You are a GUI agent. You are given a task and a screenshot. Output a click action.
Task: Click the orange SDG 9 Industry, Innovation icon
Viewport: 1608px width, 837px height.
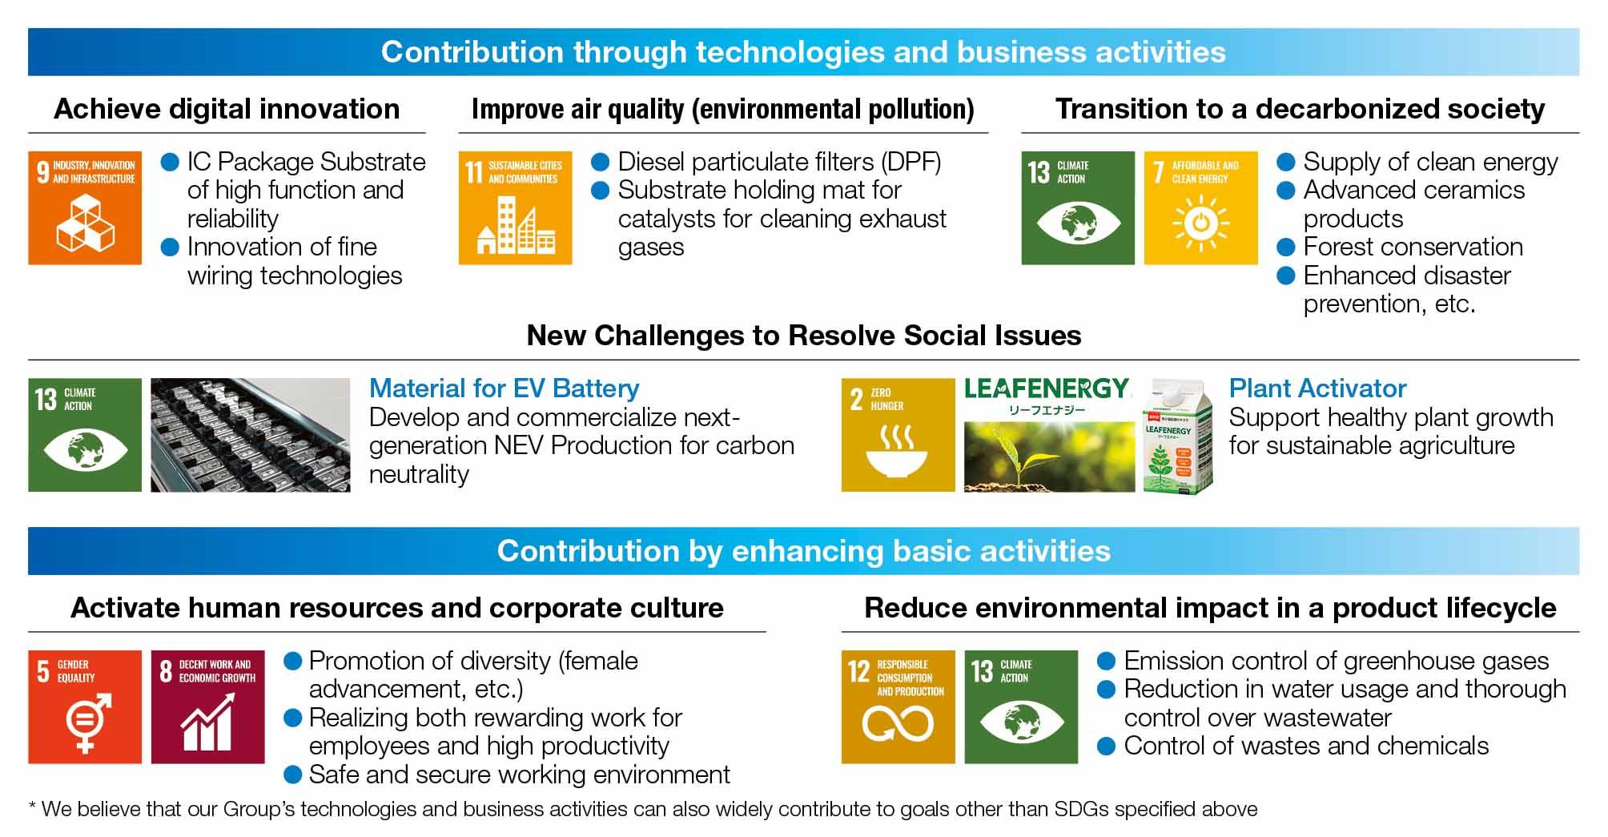tap(85, 208)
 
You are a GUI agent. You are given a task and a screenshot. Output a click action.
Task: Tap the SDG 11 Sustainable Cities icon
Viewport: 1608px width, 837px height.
tap(515, 208)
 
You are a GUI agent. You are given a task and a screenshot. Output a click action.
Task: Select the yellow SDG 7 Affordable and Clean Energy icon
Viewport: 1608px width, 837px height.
tap(1200, 208)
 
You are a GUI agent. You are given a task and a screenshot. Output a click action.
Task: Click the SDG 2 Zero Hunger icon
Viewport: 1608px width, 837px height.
tap(898, 435)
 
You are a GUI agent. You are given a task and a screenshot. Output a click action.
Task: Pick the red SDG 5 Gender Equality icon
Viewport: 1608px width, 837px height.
tap(85, 707)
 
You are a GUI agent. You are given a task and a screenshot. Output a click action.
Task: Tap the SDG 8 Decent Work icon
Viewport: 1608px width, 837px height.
tap(207, 707)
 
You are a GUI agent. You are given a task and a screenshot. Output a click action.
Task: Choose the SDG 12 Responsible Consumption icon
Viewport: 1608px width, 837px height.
tap(898, 707)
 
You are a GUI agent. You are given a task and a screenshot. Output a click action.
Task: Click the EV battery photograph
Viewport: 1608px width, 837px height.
tap(251, 435)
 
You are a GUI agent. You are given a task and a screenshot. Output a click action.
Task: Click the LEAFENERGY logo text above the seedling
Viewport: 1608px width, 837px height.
tap(1047, 389)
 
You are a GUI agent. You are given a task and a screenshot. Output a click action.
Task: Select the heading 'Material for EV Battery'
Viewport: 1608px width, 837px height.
tap(504, 389)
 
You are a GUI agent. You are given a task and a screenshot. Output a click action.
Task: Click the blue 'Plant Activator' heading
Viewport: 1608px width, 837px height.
tap(1317, 389)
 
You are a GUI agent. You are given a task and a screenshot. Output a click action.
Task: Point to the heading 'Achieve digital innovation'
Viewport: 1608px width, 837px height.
tap(227, 109)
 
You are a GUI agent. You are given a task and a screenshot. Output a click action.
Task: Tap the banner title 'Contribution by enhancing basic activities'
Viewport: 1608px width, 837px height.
tap(803, 551)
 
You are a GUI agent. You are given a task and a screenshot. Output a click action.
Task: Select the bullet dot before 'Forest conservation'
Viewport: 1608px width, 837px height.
tap(1285, 247)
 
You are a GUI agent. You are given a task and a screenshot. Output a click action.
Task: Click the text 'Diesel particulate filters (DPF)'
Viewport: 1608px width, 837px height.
tap(779, 162)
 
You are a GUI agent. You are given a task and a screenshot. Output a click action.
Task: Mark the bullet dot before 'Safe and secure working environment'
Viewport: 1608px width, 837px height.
tap(293, 775)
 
